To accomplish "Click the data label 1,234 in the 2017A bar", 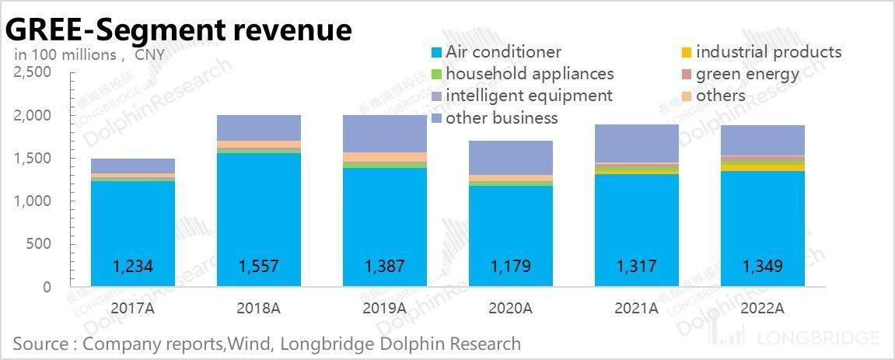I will [133, 267].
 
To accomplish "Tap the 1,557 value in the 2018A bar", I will [259, 267].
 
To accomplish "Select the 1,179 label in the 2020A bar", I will [511, 267].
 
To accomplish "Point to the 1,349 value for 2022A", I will [763, 267].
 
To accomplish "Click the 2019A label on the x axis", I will [385, 308].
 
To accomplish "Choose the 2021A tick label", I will [637, 308].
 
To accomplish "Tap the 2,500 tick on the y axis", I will [33, 72].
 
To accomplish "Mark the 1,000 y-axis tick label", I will [33, 201].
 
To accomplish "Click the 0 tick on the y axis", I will [46, 287].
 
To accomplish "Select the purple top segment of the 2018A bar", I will [259, 128].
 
